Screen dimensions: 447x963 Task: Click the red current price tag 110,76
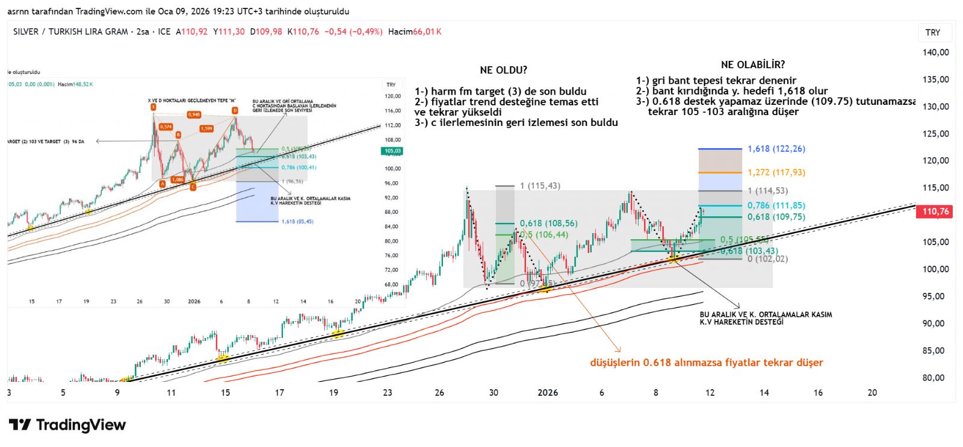pos(935,211)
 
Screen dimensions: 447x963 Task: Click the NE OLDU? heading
pos(503,70)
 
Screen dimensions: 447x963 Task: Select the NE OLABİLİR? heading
pos(752,64)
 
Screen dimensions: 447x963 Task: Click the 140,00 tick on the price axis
pos(935,52)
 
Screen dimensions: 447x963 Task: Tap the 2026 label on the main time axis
pos(547,393)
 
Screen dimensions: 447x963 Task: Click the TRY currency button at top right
pos(932,33)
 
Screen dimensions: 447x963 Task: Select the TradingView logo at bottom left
pos(67,425)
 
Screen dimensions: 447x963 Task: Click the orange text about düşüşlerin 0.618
pos(706,363)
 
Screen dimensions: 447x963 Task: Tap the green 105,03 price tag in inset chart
pos(392,151)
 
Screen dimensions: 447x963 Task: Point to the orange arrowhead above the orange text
pos(618,349)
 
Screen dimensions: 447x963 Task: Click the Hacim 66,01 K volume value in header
pos(415,32)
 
